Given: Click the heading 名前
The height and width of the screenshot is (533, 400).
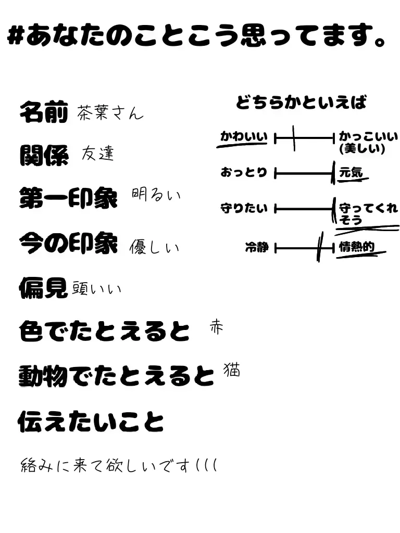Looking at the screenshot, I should [x=44, y=111].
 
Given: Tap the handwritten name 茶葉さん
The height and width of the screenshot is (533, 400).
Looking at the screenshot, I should [x=109, y=112].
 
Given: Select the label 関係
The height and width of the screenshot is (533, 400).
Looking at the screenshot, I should [x=44, y=155].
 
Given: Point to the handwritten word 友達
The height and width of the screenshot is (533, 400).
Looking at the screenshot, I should [x=97, y=154].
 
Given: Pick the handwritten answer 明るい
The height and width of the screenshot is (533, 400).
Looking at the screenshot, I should [x=156, y=196].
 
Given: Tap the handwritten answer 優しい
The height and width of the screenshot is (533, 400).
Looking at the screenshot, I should [x=154, y=246].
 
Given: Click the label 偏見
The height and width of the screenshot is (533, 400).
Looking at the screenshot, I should [x=44, y=287].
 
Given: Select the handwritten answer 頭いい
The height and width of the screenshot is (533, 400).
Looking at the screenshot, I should [x=96, y=288].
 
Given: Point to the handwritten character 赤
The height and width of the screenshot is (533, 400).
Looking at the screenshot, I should [x=216, y=327].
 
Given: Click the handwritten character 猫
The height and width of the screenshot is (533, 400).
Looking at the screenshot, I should [x=232, y=370].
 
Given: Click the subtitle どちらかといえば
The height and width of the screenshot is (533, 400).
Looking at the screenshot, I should [x=301, y=102].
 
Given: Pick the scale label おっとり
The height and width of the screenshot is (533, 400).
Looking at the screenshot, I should [x=244, y=172].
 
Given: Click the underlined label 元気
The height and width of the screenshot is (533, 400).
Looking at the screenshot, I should [x=351, y=173].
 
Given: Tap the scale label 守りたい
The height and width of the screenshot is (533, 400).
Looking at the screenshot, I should [x=244, y=209].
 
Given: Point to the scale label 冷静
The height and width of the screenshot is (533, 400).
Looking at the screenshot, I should [x=257, y=248].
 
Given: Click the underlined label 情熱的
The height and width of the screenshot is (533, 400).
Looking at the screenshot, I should [x=357, y=247].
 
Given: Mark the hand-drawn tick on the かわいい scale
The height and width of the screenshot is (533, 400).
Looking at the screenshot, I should [x=294, y=138].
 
